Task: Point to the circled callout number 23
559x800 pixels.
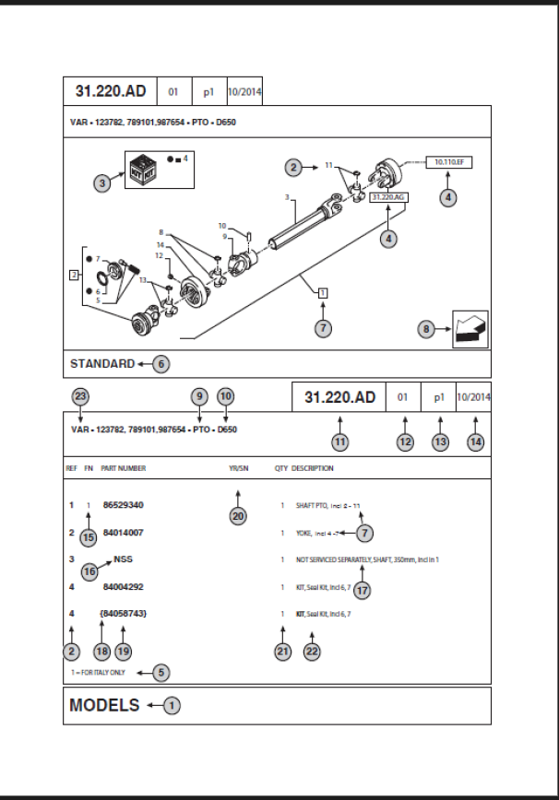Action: click(x=81, y=396)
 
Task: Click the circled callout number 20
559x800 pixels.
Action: click(x=238, y=516)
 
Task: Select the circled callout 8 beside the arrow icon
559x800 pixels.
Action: click(x=426, y=328)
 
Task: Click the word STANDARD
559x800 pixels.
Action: click(x=102, y=364)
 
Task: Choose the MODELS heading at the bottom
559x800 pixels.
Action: click(x=104, y=706)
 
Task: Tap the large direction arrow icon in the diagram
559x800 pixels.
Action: click(x=470, y=329)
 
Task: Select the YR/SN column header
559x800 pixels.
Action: click(x=238, y=468)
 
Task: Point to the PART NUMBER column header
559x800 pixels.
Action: click(x=124, y=468)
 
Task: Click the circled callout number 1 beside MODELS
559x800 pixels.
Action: click(x=172, y=706)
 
